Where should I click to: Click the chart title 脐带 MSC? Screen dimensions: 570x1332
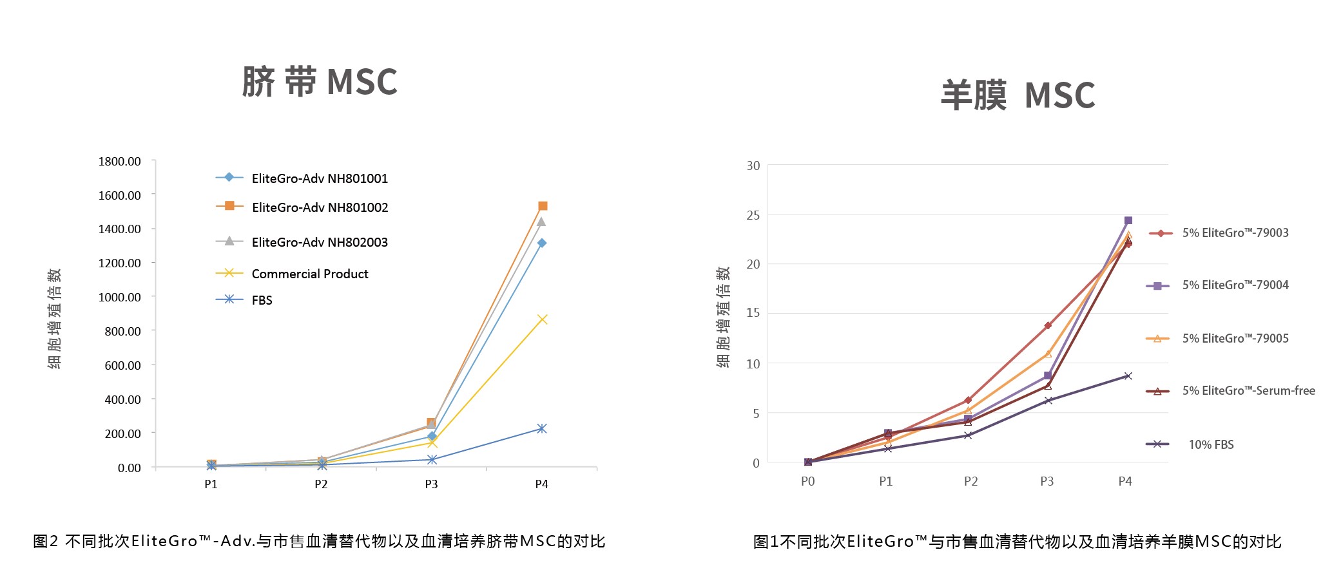(320, 82)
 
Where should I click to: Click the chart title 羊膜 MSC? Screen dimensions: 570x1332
(1018, 95)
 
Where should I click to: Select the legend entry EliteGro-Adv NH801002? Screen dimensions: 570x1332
(320, 207)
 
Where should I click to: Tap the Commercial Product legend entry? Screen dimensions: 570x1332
(309, 274)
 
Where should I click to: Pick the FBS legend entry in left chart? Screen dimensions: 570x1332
(262, 300)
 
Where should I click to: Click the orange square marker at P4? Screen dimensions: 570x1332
(543, 206)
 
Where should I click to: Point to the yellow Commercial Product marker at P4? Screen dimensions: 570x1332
(542, 319)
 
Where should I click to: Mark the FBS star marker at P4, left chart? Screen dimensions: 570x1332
(542, 429)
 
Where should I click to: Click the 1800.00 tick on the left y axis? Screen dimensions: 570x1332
(119, 161)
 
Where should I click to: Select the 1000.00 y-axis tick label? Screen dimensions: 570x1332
(119, 297)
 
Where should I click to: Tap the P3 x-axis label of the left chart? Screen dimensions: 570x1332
(431, 484)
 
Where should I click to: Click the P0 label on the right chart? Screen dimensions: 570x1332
(807, 482)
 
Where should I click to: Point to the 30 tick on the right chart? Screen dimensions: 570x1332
(753, 166)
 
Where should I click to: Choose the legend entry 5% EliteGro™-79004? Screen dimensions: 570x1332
(1235, 285)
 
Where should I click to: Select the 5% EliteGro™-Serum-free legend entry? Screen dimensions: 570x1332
(1248, 390)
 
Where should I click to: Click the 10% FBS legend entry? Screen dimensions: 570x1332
(1211, 444)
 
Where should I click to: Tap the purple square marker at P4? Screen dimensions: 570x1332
(1128, 220)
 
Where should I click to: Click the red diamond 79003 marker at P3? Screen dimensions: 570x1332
(1048, 326)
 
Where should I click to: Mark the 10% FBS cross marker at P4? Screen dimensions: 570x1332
(1128, 376)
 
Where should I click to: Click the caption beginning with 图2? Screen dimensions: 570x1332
(319, 541)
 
